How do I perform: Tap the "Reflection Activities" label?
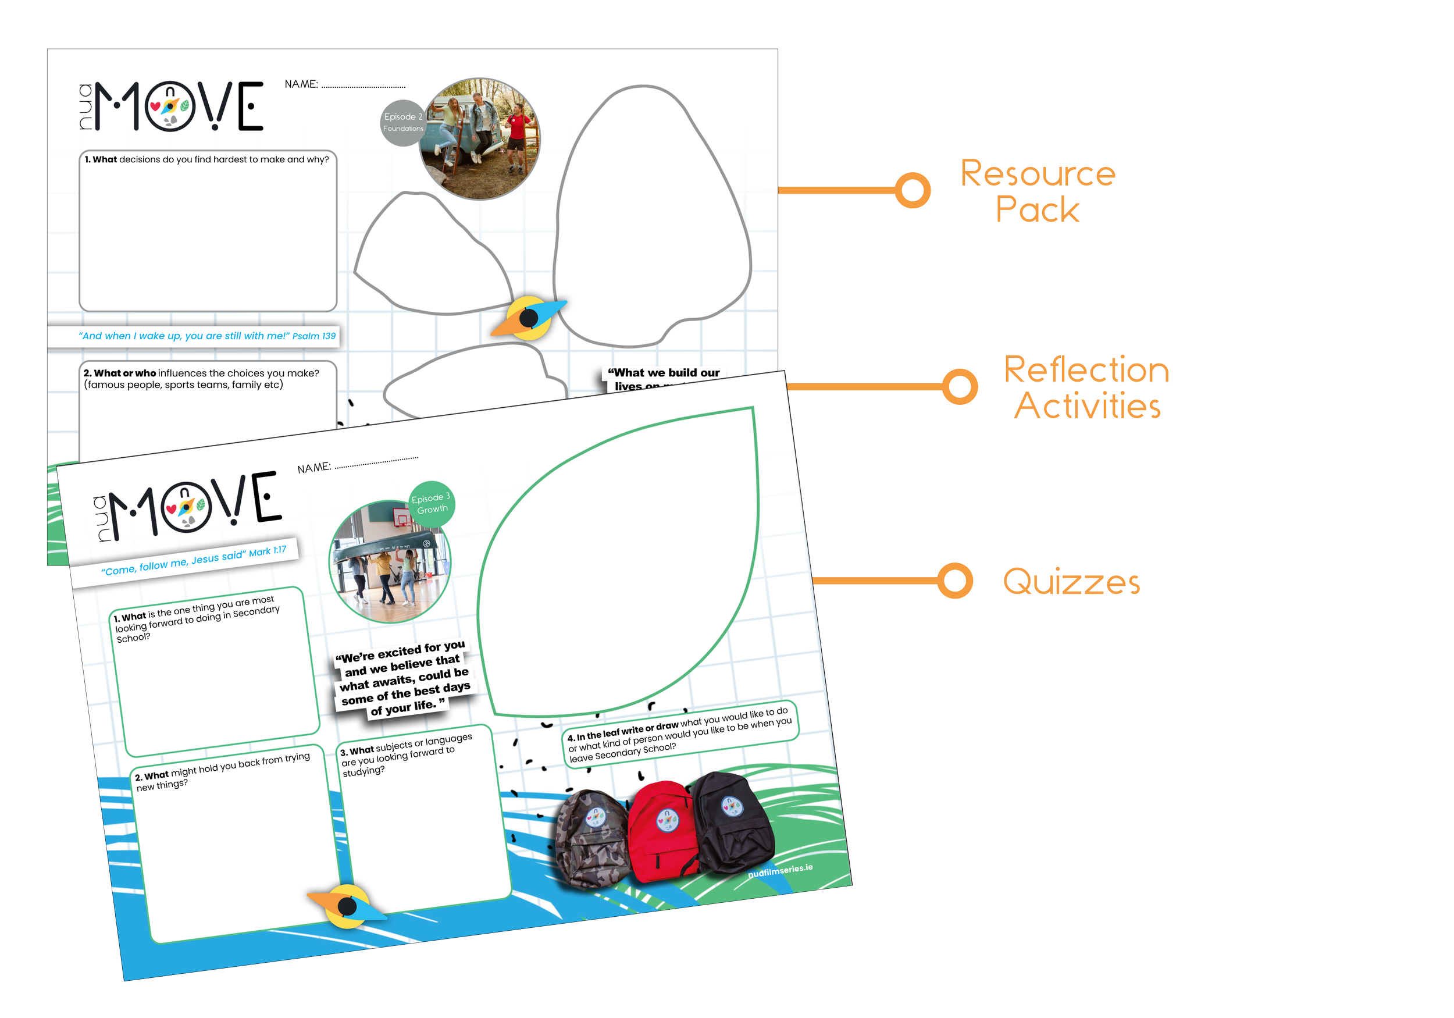pos(1086,387)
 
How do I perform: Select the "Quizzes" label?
pos(1071,582)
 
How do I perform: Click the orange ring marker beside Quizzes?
pos(955,581)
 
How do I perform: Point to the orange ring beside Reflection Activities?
pos(960,386)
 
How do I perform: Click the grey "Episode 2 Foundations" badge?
pos(402,122)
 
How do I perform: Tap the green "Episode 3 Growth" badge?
pos(432,504)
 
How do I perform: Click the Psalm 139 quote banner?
pos(206,336)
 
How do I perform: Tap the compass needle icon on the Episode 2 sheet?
pos(529,318)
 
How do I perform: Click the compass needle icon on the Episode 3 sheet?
pos(347,906)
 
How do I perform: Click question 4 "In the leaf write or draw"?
pos(679,734)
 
